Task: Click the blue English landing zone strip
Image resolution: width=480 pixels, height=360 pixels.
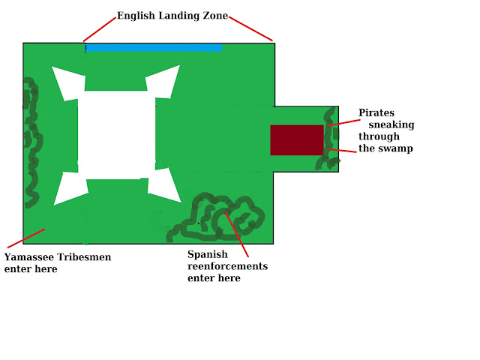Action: (154, 48)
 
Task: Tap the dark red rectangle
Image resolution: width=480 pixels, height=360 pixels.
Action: (296, 140)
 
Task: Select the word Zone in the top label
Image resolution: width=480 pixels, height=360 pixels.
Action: (215, 16)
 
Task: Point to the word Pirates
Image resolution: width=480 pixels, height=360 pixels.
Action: (376, 112)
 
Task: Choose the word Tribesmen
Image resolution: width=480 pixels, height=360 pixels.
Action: (85, 257)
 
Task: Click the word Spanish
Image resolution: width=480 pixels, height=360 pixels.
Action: (208, 254)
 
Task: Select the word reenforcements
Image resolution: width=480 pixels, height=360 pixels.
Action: (227, 266)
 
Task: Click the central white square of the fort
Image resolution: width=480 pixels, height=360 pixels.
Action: (116, 135)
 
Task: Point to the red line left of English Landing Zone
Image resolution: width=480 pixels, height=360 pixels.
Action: (99, 29)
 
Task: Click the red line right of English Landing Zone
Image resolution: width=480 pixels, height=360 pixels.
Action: (250, 28)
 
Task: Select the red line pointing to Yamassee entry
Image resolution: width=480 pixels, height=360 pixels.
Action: (24, 238)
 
